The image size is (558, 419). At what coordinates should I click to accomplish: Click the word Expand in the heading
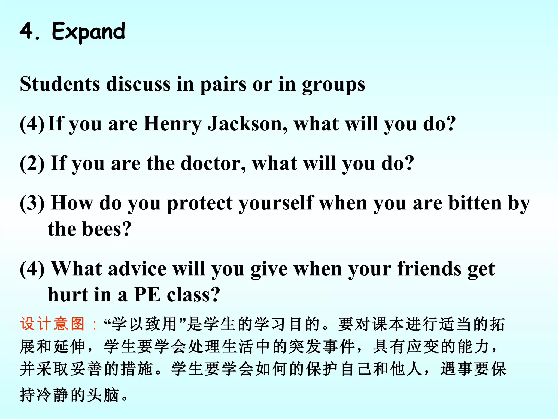click(88, 32)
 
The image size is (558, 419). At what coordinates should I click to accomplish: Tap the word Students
click(60, 84)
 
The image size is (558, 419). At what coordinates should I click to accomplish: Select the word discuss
click(138, 84)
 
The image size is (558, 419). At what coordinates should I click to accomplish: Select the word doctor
click(213, 163)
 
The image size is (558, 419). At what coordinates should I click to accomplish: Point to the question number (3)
click(32, 203)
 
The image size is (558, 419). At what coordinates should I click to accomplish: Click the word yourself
click(276, 203)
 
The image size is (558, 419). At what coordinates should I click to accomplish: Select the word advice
click(137, 269)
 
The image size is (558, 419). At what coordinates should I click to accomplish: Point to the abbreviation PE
click(147, 295)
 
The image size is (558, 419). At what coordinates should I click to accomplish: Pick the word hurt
click(68, 295)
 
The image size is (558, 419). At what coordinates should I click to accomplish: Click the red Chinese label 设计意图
click(52, 324)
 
